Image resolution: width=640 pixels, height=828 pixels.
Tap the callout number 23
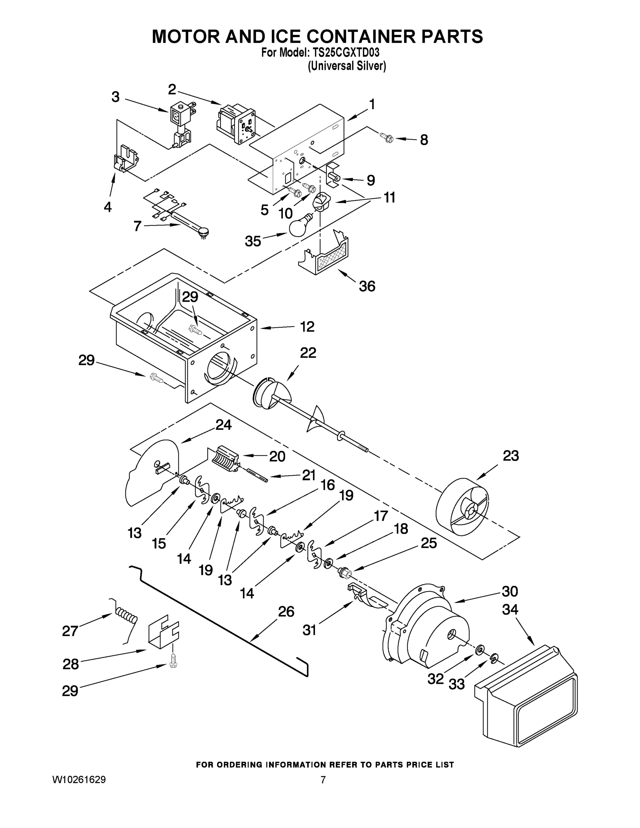point(510,456)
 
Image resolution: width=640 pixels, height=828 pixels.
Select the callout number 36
point(367,286)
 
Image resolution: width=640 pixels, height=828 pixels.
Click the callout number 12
point(307,327)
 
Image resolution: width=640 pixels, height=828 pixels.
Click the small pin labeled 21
point(257,475)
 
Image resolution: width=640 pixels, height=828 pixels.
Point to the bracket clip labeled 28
point(163,634)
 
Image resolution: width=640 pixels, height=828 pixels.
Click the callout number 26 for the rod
point(286,612)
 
